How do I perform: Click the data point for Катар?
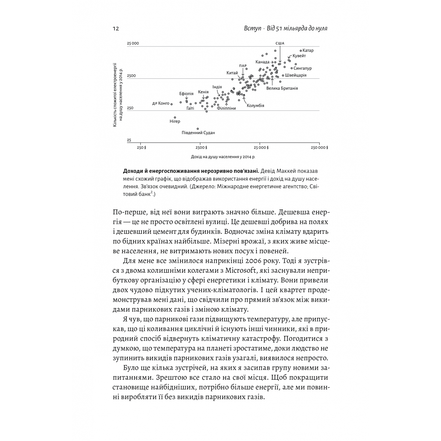click(301, 50)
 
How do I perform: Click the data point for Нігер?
click(175, 117)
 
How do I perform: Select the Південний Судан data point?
click(198, 129)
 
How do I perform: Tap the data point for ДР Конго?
click(172, 104)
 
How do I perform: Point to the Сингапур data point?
click(291, 68)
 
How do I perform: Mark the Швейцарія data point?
click(283, 75)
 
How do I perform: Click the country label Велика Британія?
click(282, 88)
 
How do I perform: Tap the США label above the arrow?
click(280, 43)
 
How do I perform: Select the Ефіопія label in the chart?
click(186, 94)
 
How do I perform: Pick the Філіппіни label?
click(226, 108)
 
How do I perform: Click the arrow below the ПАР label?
click(243, 72)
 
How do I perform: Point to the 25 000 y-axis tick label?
click(133, 43)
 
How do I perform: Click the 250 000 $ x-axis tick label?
click(319, 147)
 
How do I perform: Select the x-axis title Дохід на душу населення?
click(223, 156)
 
